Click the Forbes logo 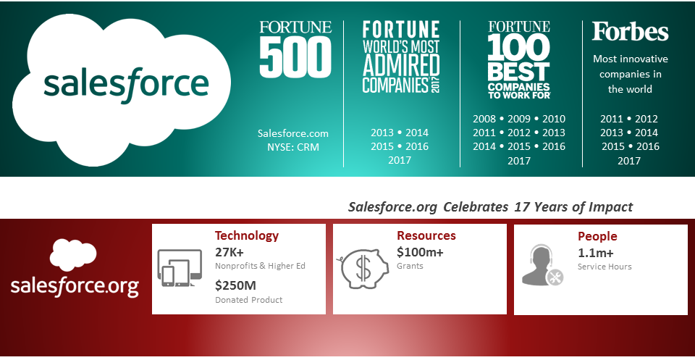tap(630, 31)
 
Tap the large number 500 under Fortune tap(295, 56)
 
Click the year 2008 tap(484, 119)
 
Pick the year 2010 tap(554, 119)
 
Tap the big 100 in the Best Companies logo tap(519, 47)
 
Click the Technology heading tap(247, 235)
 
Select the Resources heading tap(426, 235)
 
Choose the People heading tap(597, 236)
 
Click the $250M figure tap(235, 285)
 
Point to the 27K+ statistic tap(229, 252)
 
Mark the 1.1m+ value tap(595, 253)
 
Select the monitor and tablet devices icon tap(180, 268)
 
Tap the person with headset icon tap(542, 264)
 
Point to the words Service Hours tap(605, 267)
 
